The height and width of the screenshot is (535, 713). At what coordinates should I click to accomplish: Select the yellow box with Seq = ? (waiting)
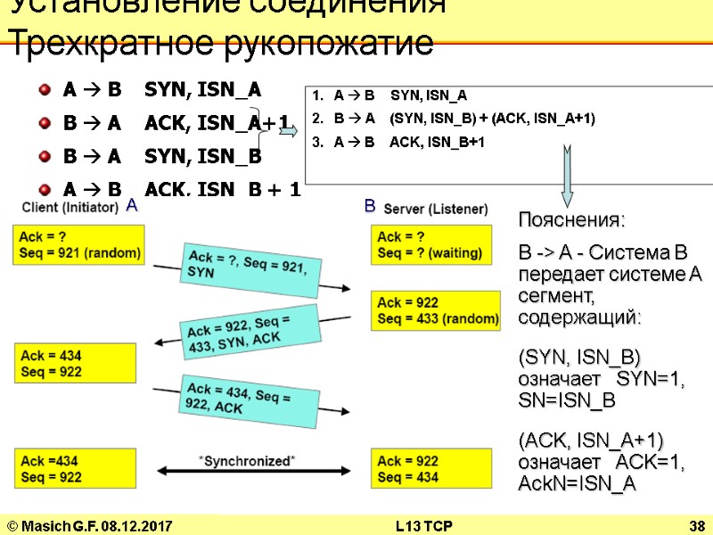[x=430, y=244]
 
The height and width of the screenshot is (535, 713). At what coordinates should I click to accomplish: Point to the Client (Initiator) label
[x=71, y=207]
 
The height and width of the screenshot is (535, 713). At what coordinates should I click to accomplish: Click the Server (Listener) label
[x=435, y=209]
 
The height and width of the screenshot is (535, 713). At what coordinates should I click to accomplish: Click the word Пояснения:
[x=572, y=219]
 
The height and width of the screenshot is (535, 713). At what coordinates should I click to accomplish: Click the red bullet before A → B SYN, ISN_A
[x=45, y=90]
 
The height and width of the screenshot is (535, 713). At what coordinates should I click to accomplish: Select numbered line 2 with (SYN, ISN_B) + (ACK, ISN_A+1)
[x=454, y=118]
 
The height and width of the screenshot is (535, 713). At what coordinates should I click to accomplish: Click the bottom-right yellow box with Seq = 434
[x=430, y=469]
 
